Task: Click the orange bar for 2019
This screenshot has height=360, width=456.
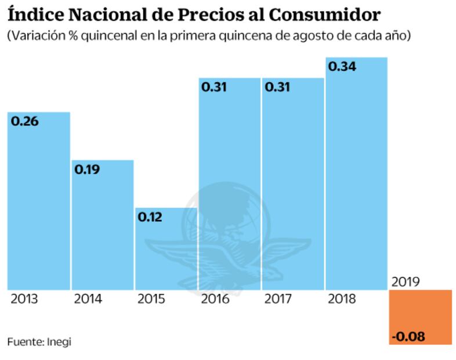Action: pyautogui.click(x=420, y=316)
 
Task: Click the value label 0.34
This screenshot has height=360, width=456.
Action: pyautogui.click(x=342, y=67)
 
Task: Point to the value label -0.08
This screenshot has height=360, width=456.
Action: pyautogui.click(x=408, y=336)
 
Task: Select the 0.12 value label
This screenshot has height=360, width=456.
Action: pyautogui.click(x=150, y=218)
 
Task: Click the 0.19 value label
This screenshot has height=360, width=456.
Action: pyautogui.click(x=87, y=170)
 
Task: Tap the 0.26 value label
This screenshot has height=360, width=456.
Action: pyautogui.click(x=24, y=121)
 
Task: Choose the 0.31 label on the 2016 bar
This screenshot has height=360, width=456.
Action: pyautogui.click(x=214, y=88)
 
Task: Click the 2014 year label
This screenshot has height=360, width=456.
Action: pyautogui.click(x=88, y=300)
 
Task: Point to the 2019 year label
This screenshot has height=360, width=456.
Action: pyautogui.click(x=406, y=282)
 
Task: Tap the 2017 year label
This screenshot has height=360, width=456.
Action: pyautogui.click(x=278, y=300)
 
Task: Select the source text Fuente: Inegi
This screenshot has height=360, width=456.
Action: pyautogui.click(x=39, y=341)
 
